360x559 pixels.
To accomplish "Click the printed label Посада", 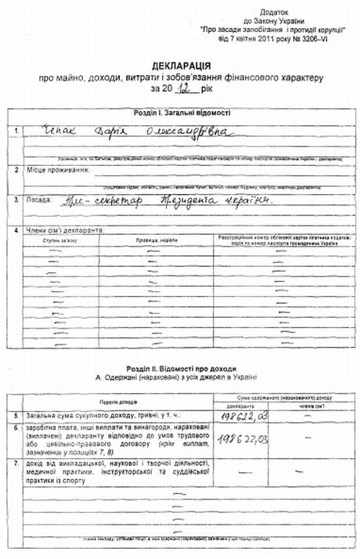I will (45, 199).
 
